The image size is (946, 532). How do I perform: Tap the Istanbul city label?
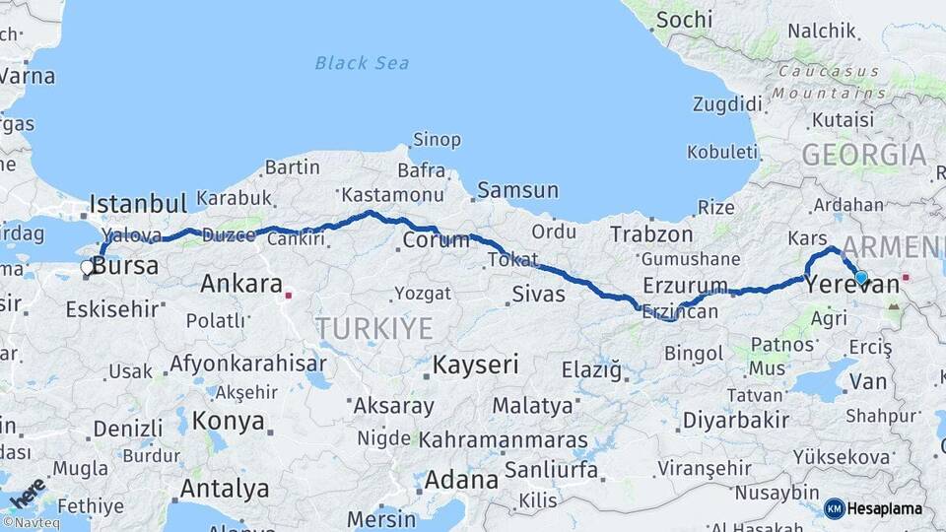[x=138, y=204]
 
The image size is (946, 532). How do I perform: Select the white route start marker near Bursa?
[x=87, y=267]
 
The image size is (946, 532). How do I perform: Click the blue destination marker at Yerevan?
[x=861, y=278]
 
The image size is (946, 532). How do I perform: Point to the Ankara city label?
[x=240, y=285]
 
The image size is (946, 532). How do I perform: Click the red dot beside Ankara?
[x=289, y=294]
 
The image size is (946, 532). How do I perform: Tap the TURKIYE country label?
[x=373, y=328]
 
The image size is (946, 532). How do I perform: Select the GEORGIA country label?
[x=863, y=155]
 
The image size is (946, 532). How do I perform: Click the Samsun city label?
[x=517, y=190]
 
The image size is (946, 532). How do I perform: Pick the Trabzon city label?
[x=651, y=234]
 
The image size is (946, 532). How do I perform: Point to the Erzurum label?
[x=684, y=285]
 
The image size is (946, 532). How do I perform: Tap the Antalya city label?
[x=225, y=488]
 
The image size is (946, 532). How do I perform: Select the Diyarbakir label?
[x=736, y=420]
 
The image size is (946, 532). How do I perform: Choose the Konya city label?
[x=228, y=421]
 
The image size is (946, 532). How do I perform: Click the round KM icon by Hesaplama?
[x=834, y=508]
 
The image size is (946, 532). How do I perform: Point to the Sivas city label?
[x=538, y=294]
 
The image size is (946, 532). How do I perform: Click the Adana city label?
[x=461, y=481]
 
